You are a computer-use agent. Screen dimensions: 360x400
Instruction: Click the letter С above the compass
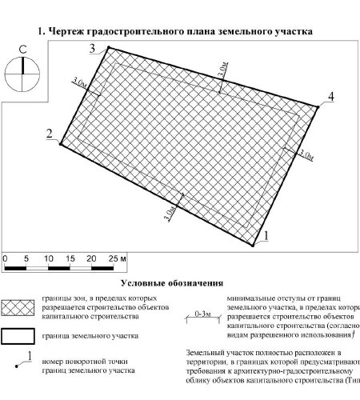pyautogui.click(x=23, y=50)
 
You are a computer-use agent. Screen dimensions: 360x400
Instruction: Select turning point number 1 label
pyautogui.click(x=268, y=234)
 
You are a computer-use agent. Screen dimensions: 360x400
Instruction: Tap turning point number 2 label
pyautogui.click(x=50, y=133)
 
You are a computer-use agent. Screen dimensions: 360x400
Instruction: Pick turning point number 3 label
pyautogui.click(x=92, y=50)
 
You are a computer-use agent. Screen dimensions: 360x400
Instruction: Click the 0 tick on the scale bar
pyautogui.click(x=6, y=260)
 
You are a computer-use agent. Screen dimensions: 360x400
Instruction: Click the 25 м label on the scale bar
pyautogui.click(x=118, y=260)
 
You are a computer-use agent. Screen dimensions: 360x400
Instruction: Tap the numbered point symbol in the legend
pyautogui.click(x=24, y=362)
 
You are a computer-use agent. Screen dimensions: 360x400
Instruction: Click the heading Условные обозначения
pyautogui.click(x=171, y=283)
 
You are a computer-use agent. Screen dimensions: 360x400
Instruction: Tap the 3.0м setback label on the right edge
pyautogui.click(x=305, y=152)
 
